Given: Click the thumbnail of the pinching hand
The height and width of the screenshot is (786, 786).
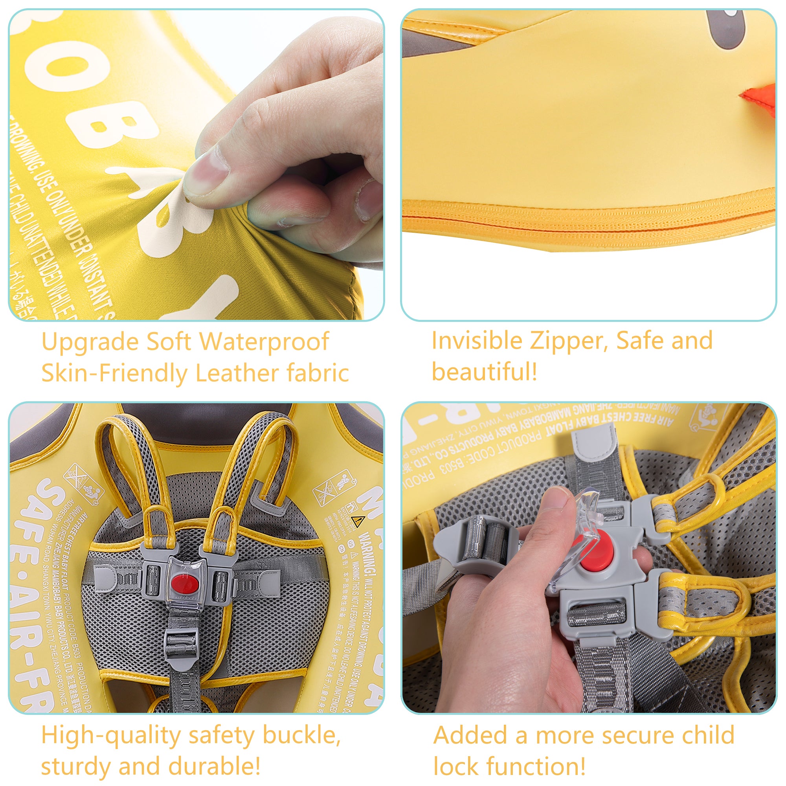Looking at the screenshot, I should click(206, 173).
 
